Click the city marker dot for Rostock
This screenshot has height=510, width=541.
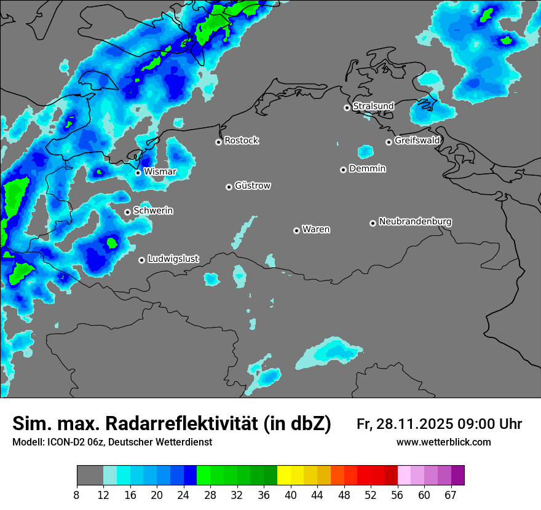coord(218,142)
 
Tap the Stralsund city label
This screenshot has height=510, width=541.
coord(373,106)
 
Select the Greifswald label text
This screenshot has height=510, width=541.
coord(417,141)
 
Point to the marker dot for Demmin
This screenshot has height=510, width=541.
coord(343,170)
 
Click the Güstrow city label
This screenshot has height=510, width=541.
coord(252,186)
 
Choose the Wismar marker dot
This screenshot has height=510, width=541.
coord(138,173)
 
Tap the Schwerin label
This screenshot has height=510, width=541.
coord(153,211)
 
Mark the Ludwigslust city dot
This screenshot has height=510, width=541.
coord(141,260)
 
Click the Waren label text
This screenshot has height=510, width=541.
coord(316,229)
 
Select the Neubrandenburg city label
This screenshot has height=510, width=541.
coord(415,221)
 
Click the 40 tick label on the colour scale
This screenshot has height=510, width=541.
coord(291,495)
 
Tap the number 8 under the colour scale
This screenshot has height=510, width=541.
coord(77,495)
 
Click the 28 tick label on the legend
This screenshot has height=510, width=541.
coord(210,495)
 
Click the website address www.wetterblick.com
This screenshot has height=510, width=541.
coord(443,442)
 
